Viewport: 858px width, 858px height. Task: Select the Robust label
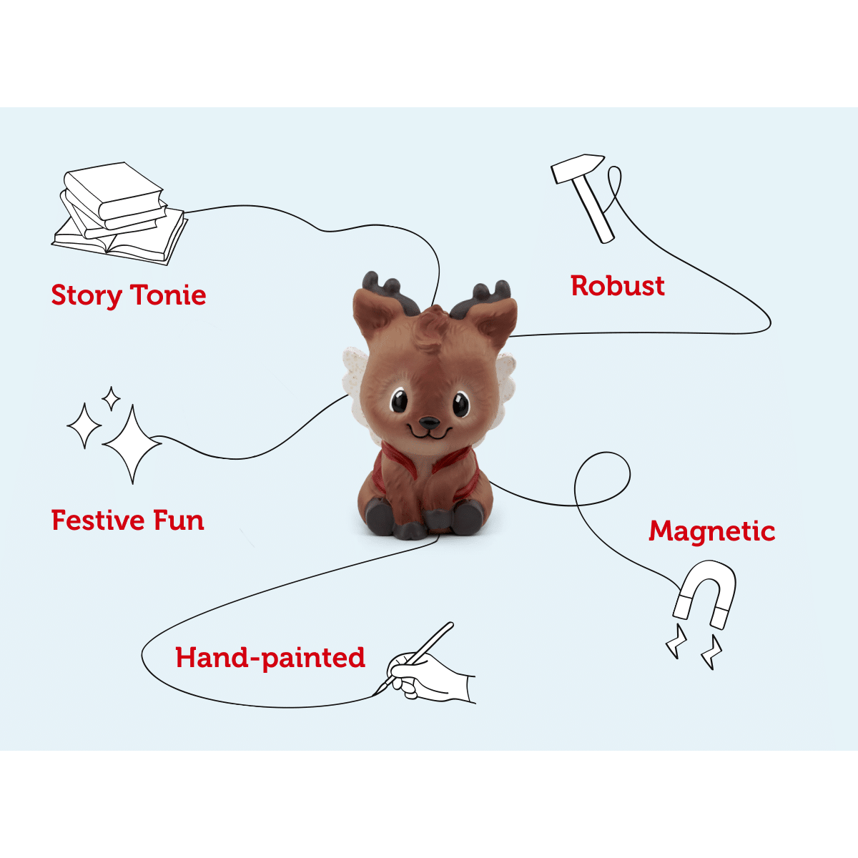(x=618, y=286)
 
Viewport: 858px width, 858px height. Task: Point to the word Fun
(x=179, y=520)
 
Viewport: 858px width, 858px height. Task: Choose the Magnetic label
(x=711, y=531)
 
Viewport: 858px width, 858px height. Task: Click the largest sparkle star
(x=132, y=444)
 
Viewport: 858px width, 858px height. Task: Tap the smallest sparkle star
(x=111, y=399)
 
